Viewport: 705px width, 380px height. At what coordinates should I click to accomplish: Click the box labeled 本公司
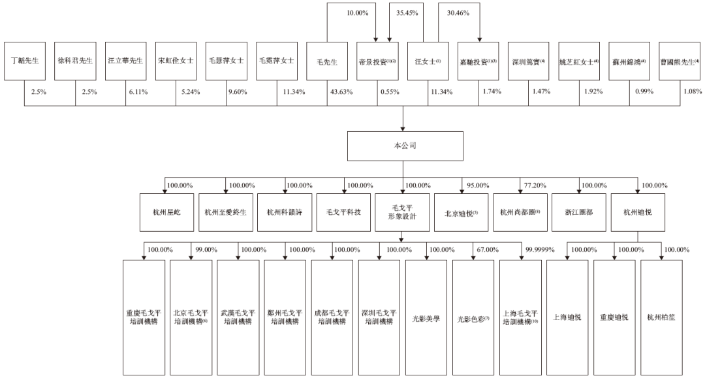tap(405, 146)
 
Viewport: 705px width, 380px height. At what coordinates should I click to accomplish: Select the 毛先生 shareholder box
tap(327, 61)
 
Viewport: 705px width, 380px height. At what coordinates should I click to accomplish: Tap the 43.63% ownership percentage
tap(341, 92)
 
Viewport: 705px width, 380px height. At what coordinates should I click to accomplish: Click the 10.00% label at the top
tap(358, 13)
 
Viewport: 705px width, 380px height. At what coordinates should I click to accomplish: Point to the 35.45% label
tap(407, 13)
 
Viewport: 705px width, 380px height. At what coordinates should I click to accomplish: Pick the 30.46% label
tap(458, 13)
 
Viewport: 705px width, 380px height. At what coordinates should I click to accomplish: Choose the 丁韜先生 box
tap(25, 61)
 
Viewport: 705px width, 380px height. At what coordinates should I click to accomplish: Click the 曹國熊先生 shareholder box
tap(680, 61)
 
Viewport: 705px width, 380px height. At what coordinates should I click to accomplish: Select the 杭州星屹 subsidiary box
tap(167, 212)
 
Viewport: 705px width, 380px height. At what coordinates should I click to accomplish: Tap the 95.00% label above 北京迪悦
tap(478, 185)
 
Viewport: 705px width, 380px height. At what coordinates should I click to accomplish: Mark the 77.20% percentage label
tap(535, 185)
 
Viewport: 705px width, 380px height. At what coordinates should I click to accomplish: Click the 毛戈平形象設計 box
tap(402, 212)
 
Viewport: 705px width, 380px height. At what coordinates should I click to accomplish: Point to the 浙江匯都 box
tap(578, 212)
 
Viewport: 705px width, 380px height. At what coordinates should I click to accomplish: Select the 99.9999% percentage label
tap(540, 249)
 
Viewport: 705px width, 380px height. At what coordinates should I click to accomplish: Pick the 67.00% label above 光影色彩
tap(488, 249)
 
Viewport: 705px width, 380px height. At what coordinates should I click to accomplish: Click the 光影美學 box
tap(426, 317)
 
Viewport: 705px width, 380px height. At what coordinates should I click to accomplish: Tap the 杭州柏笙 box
tap(661, 317)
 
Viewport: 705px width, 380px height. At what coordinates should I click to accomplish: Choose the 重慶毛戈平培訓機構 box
tap(144, 317)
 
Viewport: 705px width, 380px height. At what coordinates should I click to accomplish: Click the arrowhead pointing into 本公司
tap(403, 129)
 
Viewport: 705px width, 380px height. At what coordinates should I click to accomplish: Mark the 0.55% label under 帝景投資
tap(390, 92)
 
